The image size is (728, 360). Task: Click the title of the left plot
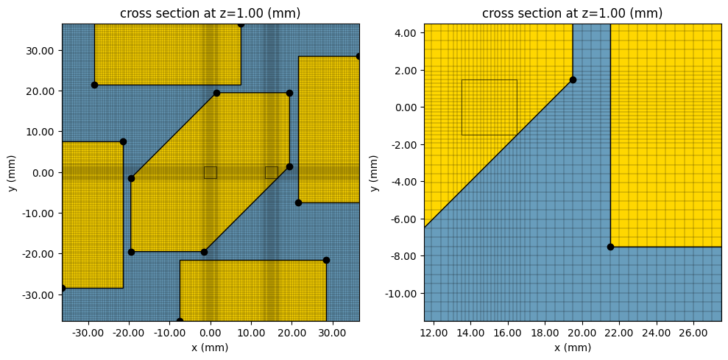tap(211, 13)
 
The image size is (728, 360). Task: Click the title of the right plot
tap(572, 13)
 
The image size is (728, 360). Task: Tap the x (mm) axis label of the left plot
tap(211, 347)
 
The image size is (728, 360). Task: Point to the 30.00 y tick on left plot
tap(46, 50)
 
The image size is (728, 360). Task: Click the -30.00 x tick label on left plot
tap(88, 332)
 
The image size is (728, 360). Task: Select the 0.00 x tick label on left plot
tap(211, 332)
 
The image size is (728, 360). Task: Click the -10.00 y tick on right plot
tap(401, 293)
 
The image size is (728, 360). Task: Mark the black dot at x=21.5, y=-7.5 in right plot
tap(610, 247)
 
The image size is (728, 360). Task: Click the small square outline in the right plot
tap(489, 107)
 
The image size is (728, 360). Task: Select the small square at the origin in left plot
tap(211, 172)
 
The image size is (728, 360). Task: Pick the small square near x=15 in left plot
tap(272, 172)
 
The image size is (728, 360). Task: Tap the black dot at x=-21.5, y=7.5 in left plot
tap(123, 141)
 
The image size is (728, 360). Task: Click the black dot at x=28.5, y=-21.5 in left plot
tap(326, 260)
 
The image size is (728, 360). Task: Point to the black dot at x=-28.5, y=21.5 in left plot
tap(94, 85)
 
